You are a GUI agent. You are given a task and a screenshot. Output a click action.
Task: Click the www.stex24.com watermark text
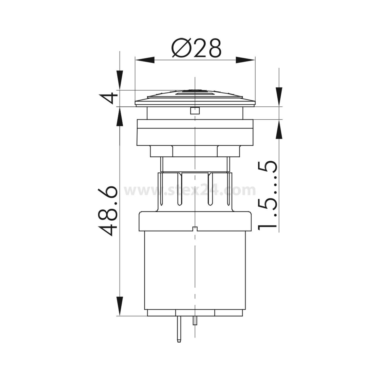tap(190, 191)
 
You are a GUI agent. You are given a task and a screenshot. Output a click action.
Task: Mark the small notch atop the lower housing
tap(195, 229)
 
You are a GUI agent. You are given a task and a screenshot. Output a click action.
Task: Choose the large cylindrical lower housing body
tap(195, 269)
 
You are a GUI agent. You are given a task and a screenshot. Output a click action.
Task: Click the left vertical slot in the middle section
tap(179, 189)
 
